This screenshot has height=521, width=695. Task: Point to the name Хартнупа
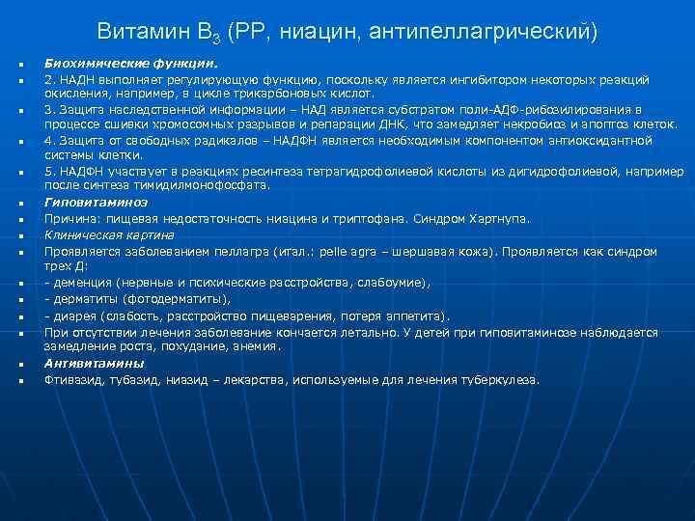pos(499,219)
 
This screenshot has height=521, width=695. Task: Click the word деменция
pos(82,284)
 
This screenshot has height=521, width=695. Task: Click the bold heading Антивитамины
pos(94,364)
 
